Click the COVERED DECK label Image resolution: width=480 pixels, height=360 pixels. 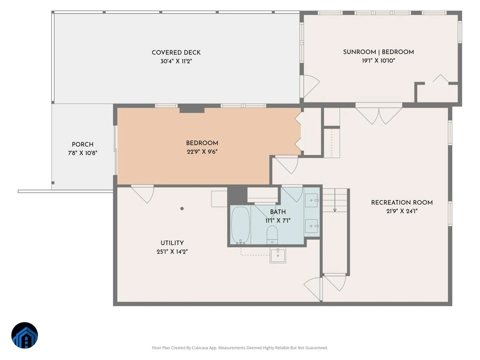[x=176, y=53]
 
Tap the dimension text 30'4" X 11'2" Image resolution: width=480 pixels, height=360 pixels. [x=176, y=61]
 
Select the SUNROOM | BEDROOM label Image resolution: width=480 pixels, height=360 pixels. [x=378, y=52]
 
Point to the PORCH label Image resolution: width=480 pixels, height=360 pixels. [x=83, y=144]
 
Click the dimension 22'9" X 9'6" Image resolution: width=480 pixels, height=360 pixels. [x=202, y=152]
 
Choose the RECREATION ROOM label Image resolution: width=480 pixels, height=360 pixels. [x=402, y=203]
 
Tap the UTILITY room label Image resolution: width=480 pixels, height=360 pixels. [x=172, y=243]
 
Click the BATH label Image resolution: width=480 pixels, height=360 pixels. [x=278, y=212]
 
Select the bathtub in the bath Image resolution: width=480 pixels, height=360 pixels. [x=240, y=225]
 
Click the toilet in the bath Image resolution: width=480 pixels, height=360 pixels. [x=272, y=235]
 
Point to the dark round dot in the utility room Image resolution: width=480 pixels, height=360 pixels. [x=182, y=208]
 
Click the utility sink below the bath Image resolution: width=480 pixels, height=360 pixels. [x=278, y=255]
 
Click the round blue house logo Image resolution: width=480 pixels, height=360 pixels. [x=24, y=335]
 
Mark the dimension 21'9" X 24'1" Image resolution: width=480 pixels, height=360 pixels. [x=402, y=211]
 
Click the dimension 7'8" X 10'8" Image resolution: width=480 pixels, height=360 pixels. [x=83, y=153]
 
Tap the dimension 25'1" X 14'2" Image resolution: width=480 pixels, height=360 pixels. [x=172, y=252]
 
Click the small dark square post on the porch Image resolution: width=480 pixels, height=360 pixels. [x=53, y=183]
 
